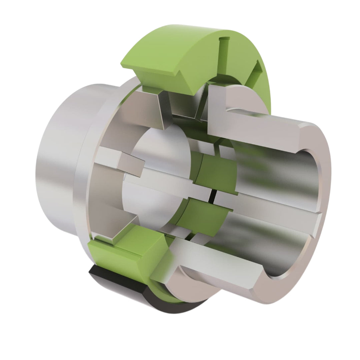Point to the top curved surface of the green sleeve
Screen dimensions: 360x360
(187, 43)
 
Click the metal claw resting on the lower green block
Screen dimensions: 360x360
(117, 233)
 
